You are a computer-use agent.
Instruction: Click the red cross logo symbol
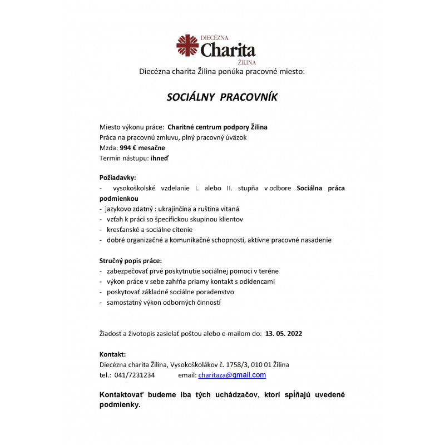coord(187,46)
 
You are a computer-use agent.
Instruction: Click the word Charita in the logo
coord(228,50)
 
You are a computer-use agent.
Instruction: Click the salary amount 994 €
coord(130,148)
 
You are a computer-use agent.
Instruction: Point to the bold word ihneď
coord(160,159)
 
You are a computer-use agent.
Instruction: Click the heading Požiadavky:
coord(117,177)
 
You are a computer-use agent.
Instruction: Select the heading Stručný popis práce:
coord(131,260)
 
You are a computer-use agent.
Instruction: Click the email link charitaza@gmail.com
coord(232,375)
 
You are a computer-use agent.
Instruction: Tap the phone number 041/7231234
coord(134,375)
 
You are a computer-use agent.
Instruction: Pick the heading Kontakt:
coord(112,354)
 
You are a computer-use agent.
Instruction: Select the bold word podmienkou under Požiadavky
coord(118,198)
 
